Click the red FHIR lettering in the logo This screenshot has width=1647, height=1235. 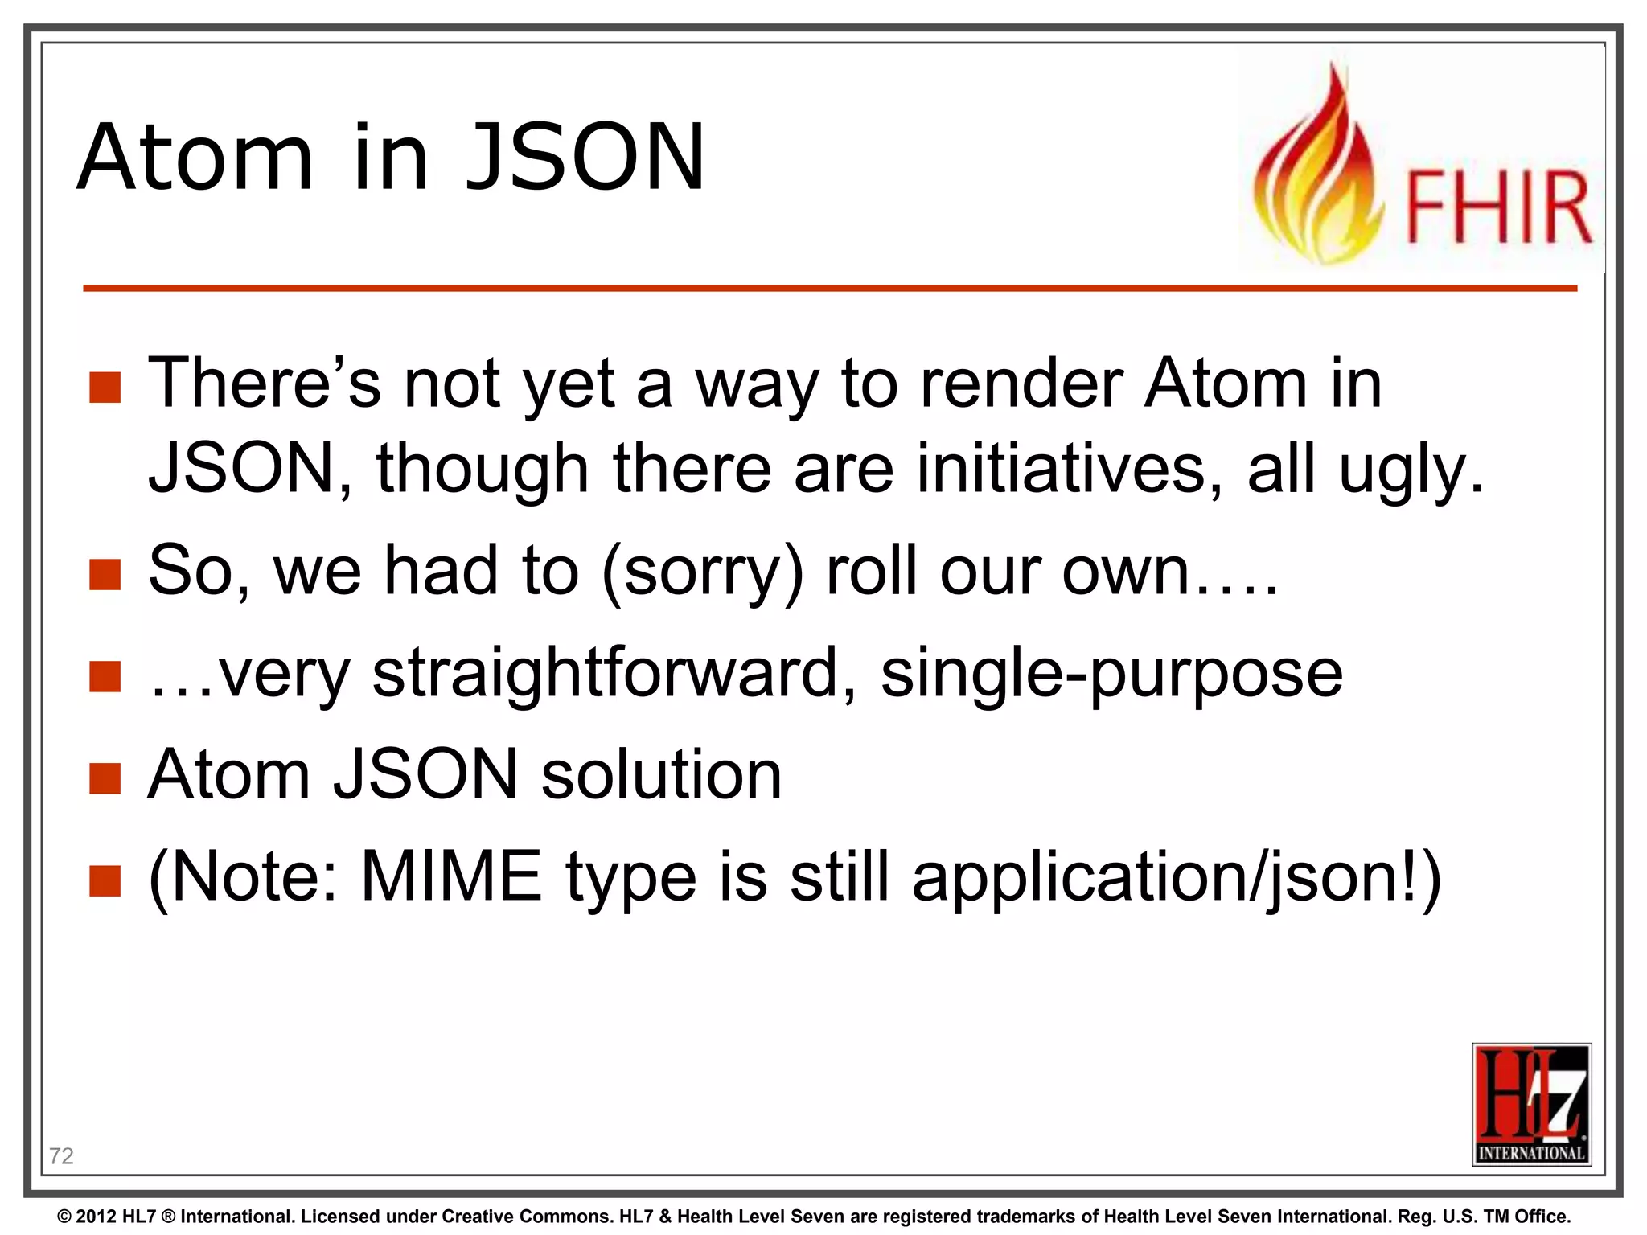click(x=1498, y=207)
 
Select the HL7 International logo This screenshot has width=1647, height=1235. click(x=1531, y=1104)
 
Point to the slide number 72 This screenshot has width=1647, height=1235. click(x=61, y=1155)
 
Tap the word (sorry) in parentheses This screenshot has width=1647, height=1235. click(x=702, y=572)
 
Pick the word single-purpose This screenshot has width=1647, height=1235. click(x=1111, y=675)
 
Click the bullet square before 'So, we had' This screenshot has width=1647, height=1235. click(x=105, y=575)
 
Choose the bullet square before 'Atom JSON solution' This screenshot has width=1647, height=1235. click(x=105, y=778)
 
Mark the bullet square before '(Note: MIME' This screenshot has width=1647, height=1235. click(x=105, y=880)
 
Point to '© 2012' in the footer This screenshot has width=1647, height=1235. click(x=88, y=1217)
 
